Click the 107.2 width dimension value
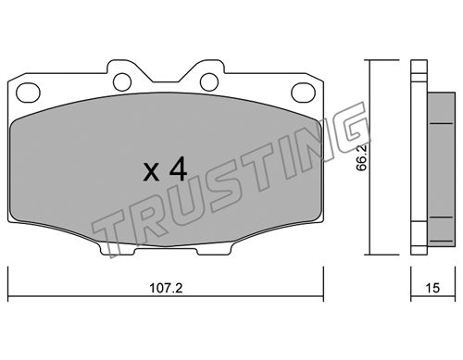(166, 288)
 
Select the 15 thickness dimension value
(432, 288)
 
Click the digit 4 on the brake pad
(178, 168)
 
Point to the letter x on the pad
(151, 173)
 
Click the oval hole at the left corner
(28, 93)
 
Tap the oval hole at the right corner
(304, 93)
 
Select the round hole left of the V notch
(122, 81)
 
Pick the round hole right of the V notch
(209, 81)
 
